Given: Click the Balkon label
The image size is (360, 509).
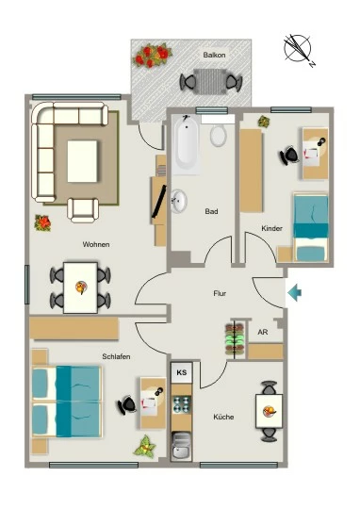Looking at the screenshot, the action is [214, 55].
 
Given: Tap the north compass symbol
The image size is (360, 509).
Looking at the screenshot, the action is [298, 50].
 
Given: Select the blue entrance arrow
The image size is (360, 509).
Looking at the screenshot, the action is [294, 292].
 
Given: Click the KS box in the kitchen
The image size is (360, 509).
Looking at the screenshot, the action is [182, 372].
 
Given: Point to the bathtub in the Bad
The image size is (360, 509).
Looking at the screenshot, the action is [186, 144].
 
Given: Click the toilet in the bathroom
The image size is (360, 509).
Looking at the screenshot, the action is [218, 135].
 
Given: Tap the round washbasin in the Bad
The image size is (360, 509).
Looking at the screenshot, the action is [179, 201].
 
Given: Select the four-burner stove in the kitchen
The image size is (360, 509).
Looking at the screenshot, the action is [182, 404].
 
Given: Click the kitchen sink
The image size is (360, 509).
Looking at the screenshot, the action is [182, 446].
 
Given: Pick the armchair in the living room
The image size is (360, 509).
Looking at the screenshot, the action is [83, 210].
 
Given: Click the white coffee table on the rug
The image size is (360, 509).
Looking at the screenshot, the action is [82, 161].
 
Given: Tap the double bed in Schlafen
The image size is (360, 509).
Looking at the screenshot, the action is [67, 402].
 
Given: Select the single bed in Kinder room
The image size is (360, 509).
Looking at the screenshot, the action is [311, 227].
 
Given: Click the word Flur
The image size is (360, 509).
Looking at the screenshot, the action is [220, 293].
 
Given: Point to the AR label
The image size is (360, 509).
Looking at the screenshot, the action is [263, 332].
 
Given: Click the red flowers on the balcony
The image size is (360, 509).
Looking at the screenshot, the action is [152, 56].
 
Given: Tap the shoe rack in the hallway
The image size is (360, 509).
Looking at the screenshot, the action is [235, 339].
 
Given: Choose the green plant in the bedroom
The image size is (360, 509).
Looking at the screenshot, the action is [145, 447].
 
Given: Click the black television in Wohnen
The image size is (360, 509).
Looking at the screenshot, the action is [159, 202].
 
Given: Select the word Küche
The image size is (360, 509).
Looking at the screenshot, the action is [223, 417].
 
